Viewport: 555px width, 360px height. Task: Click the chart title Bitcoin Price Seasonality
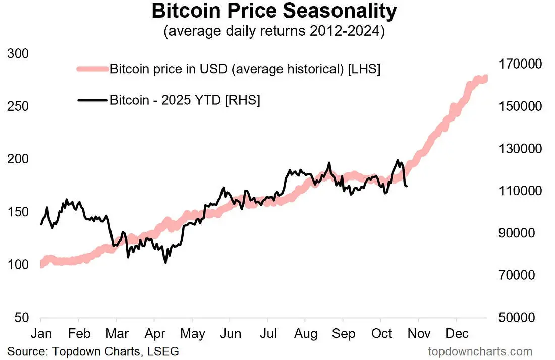point(274,11)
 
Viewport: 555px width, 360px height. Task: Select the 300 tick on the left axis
point(18,54)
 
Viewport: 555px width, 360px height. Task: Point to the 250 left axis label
point(18,106)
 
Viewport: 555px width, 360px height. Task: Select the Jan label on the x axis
point(40,333)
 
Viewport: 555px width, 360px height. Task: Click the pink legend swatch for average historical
point(93,69)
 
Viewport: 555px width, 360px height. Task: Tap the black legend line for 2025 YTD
point(93,100)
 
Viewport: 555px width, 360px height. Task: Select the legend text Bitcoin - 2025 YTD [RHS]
point(185,100)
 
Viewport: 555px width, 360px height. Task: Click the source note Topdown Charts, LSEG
point(93,350)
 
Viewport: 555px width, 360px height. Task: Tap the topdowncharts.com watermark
point(480,351)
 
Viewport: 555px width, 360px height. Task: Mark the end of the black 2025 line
point(407,187)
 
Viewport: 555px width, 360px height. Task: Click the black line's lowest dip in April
point(165,262)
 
